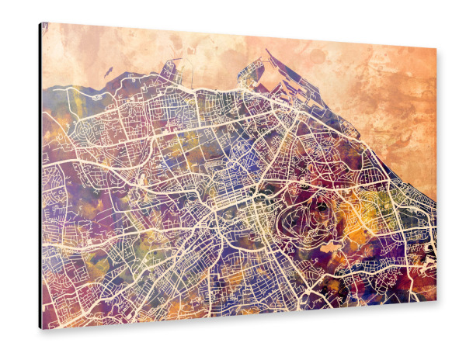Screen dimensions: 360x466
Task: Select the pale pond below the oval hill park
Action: pos(329,247)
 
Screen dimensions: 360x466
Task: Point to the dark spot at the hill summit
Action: pos(321,207)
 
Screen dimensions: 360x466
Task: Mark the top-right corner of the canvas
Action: pos(436,48)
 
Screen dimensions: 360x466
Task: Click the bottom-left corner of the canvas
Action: pos(43,327)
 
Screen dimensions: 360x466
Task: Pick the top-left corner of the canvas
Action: pos(42,23)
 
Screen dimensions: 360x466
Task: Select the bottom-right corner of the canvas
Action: pos(436,300)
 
